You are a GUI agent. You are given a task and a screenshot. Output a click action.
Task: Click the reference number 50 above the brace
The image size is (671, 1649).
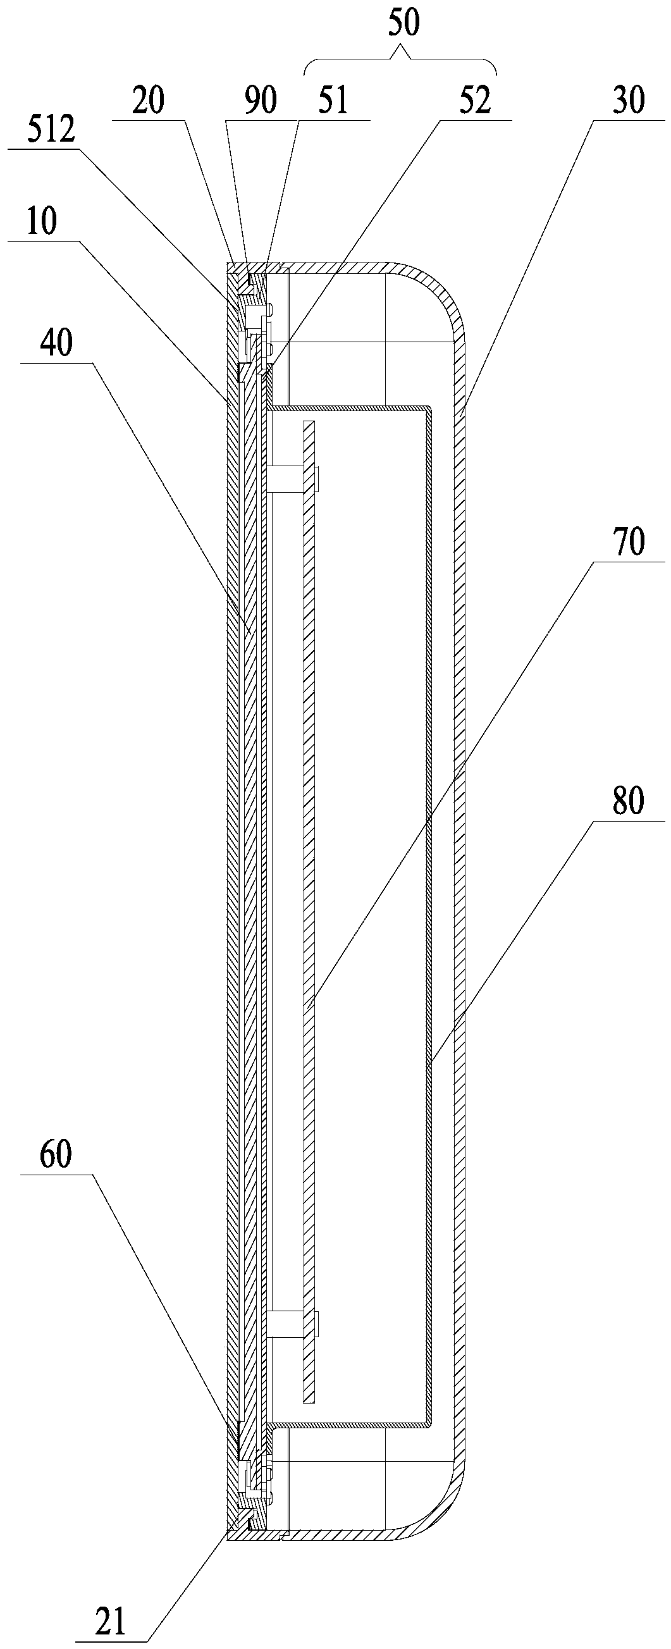tap(403, 23)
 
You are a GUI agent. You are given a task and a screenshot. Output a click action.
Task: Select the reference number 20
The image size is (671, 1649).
tap(148, 101)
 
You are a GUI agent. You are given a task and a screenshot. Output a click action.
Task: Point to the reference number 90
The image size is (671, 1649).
tap(261, 101)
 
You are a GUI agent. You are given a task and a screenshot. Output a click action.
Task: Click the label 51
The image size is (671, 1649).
tap(332, 101)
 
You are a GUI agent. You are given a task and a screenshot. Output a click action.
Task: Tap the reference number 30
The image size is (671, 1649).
tap(629, 101)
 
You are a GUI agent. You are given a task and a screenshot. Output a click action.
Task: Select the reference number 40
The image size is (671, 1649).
tap(56, 343)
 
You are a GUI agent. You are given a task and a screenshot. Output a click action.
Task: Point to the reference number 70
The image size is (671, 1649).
tap(629, 543)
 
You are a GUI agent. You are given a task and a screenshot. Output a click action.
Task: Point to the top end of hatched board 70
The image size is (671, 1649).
tap(309, 425)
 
